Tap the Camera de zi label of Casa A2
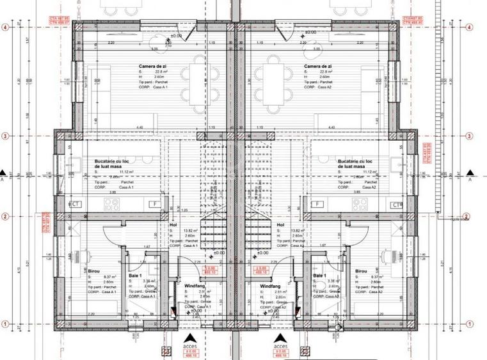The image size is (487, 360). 319,66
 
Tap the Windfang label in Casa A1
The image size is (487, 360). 195,286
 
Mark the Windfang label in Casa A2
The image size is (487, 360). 271,286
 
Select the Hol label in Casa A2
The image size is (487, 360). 280,225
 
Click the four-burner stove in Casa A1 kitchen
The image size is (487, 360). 111,204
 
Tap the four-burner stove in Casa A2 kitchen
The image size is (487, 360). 360,204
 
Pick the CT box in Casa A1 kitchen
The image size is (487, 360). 76,204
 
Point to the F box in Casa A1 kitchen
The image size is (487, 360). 154,204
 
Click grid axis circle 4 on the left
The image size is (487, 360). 4,27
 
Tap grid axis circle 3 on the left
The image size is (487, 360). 4,136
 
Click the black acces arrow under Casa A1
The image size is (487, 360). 187,338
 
